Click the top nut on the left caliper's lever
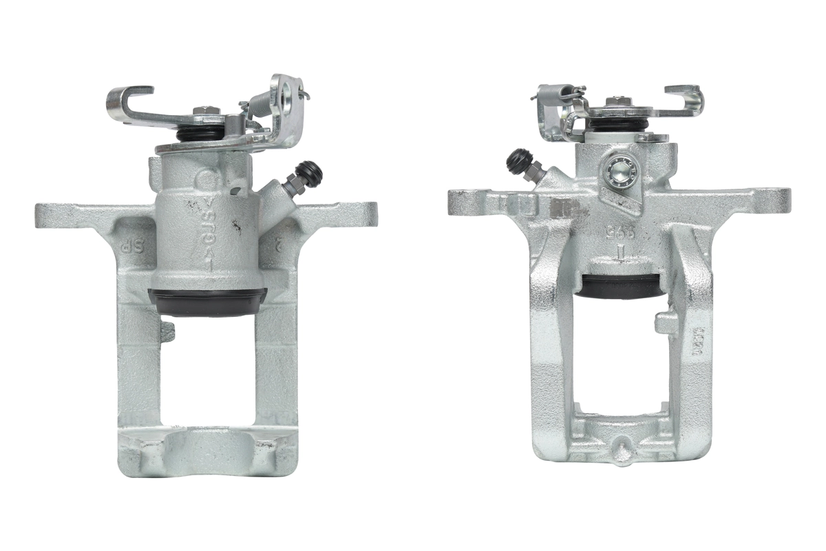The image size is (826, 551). point(204,111)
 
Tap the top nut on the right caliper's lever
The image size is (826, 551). point(617,101)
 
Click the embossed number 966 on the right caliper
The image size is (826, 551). point(619,234)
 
